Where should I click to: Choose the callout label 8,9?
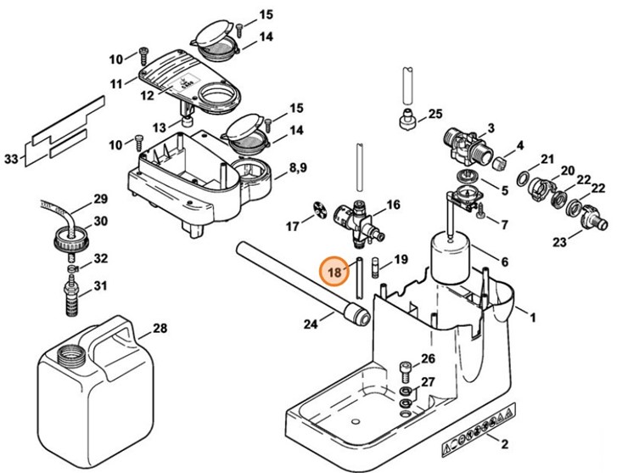(x=298, y=168)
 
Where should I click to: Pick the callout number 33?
(x=11, y=159)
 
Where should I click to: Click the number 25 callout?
(x=435, y=114)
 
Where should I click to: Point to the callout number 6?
(x=504, y=262)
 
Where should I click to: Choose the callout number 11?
(x=117, y=83)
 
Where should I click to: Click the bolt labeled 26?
(x=406, y=370)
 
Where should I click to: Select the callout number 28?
(x=159, y=328)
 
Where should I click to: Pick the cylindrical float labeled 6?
(x=451, y=259)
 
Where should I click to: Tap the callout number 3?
(x=490, y=128)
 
